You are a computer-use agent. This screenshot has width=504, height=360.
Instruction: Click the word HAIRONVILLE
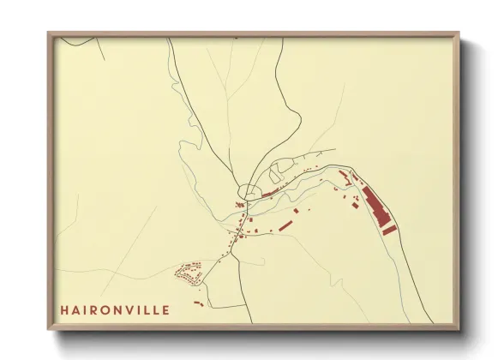(x=115, y=309)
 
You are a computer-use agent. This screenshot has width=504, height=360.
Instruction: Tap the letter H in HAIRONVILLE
(x=64, y=309)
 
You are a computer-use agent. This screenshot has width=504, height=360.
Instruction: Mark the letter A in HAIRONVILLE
(x=76, y=309)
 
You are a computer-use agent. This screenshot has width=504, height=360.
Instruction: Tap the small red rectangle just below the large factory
(x=389, y=230)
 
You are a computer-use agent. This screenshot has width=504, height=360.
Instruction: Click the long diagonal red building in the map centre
(x=282, y=226)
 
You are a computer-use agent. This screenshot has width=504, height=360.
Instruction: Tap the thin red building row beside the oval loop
(x=273, y=194)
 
